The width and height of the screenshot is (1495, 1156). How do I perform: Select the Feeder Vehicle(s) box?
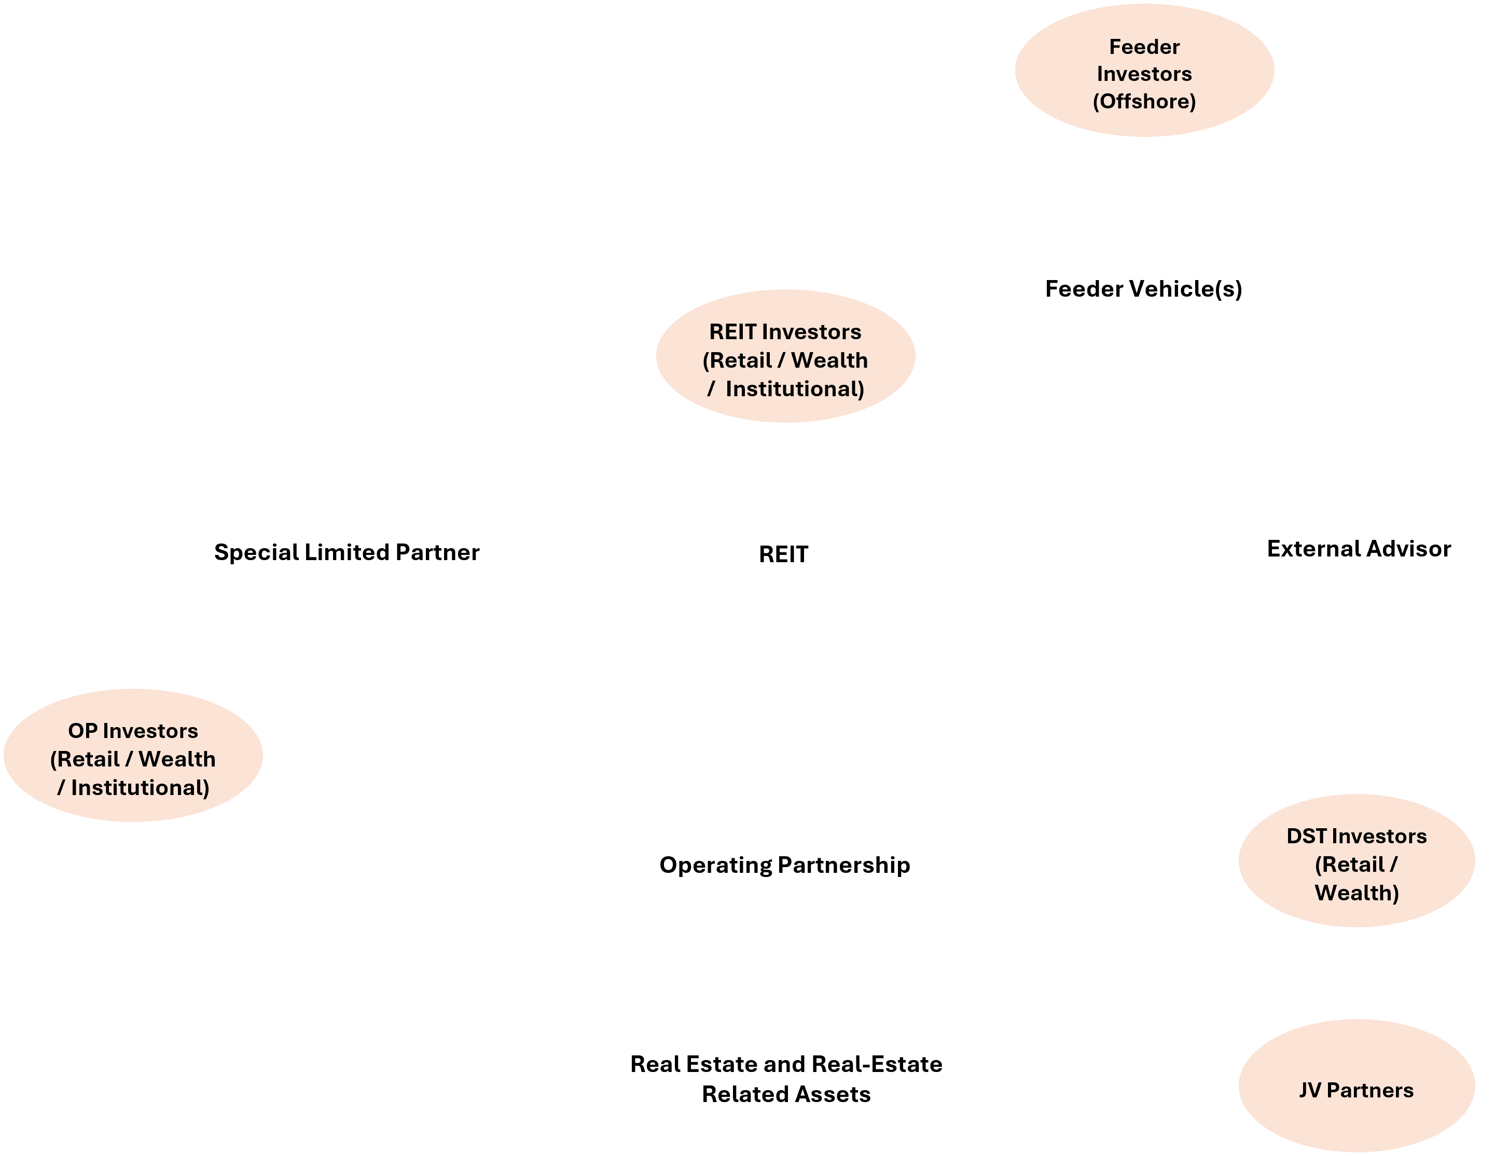point(1143,287)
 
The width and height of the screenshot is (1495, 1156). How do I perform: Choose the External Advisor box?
point(1358,548)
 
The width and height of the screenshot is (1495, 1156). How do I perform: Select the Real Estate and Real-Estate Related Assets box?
point(786,1079)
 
